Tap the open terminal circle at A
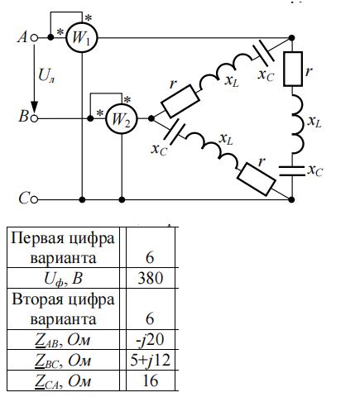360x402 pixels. point(34,38)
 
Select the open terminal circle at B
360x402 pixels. point(34,118)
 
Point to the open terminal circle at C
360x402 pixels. point(34,199)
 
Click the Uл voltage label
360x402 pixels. point(46,75)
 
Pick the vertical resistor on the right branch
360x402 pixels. point(293,69)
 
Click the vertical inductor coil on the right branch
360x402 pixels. point(297,124)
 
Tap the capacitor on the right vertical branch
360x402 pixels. point(292,171)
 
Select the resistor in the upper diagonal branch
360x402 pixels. point(180,101)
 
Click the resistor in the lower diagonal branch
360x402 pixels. point(257,179)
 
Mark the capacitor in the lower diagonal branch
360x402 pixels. point(175,133)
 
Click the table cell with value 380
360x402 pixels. point(151,278)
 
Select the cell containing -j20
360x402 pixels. point(151,339)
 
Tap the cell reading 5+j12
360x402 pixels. point(151,360)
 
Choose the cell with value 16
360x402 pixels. point(151,380)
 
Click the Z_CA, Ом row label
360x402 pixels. point(63,381)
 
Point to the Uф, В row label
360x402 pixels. point(63,279)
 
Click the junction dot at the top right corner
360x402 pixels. point(291,38)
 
